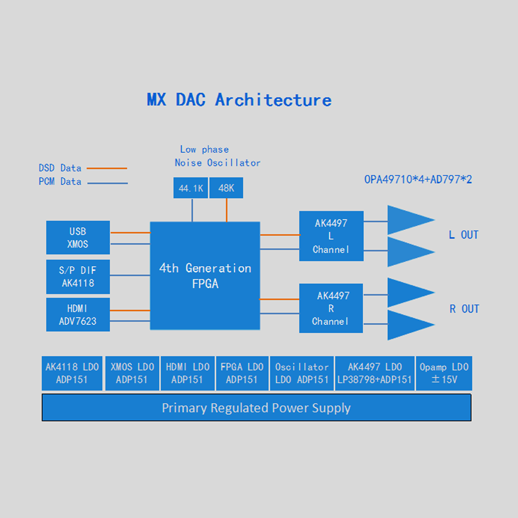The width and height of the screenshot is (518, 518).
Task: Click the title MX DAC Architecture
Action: pos(239,100)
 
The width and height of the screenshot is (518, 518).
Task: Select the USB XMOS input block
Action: pos(78,238)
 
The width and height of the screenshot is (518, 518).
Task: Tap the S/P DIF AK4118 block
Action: pos(78,277)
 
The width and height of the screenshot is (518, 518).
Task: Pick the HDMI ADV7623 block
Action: pos(78,315)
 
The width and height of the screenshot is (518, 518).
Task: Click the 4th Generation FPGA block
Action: pos(205,276)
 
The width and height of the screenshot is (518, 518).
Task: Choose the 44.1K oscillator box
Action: pos(191,188)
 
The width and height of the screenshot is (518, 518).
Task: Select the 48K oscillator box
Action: pos(226,188)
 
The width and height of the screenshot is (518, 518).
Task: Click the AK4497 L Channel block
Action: pos(331,236)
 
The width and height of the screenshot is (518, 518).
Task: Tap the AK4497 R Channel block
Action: pos(331,308)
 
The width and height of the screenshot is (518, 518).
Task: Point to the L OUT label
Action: pos(463,235)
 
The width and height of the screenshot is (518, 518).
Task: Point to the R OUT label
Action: pos(464,309)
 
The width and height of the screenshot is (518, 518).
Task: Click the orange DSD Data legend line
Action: pos(107,168)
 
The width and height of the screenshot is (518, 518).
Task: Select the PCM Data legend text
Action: pos(60,182)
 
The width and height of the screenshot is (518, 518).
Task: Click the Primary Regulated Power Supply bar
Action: pos(256,408)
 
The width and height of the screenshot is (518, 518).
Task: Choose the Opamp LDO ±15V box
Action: pos(444,373)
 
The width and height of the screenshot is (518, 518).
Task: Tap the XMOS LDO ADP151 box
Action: pos(132,373)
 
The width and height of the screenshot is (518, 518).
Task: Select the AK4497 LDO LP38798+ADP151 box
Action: pos(375,373)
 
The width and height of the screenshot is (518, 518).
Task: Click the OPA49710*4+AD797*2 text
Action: pos(418,180)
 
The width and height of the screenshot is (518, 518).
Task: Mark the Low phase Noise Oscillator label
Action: pos(218,156)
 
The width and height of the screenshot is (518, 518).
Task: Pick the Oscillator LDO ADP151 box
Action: pos(302,373)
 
